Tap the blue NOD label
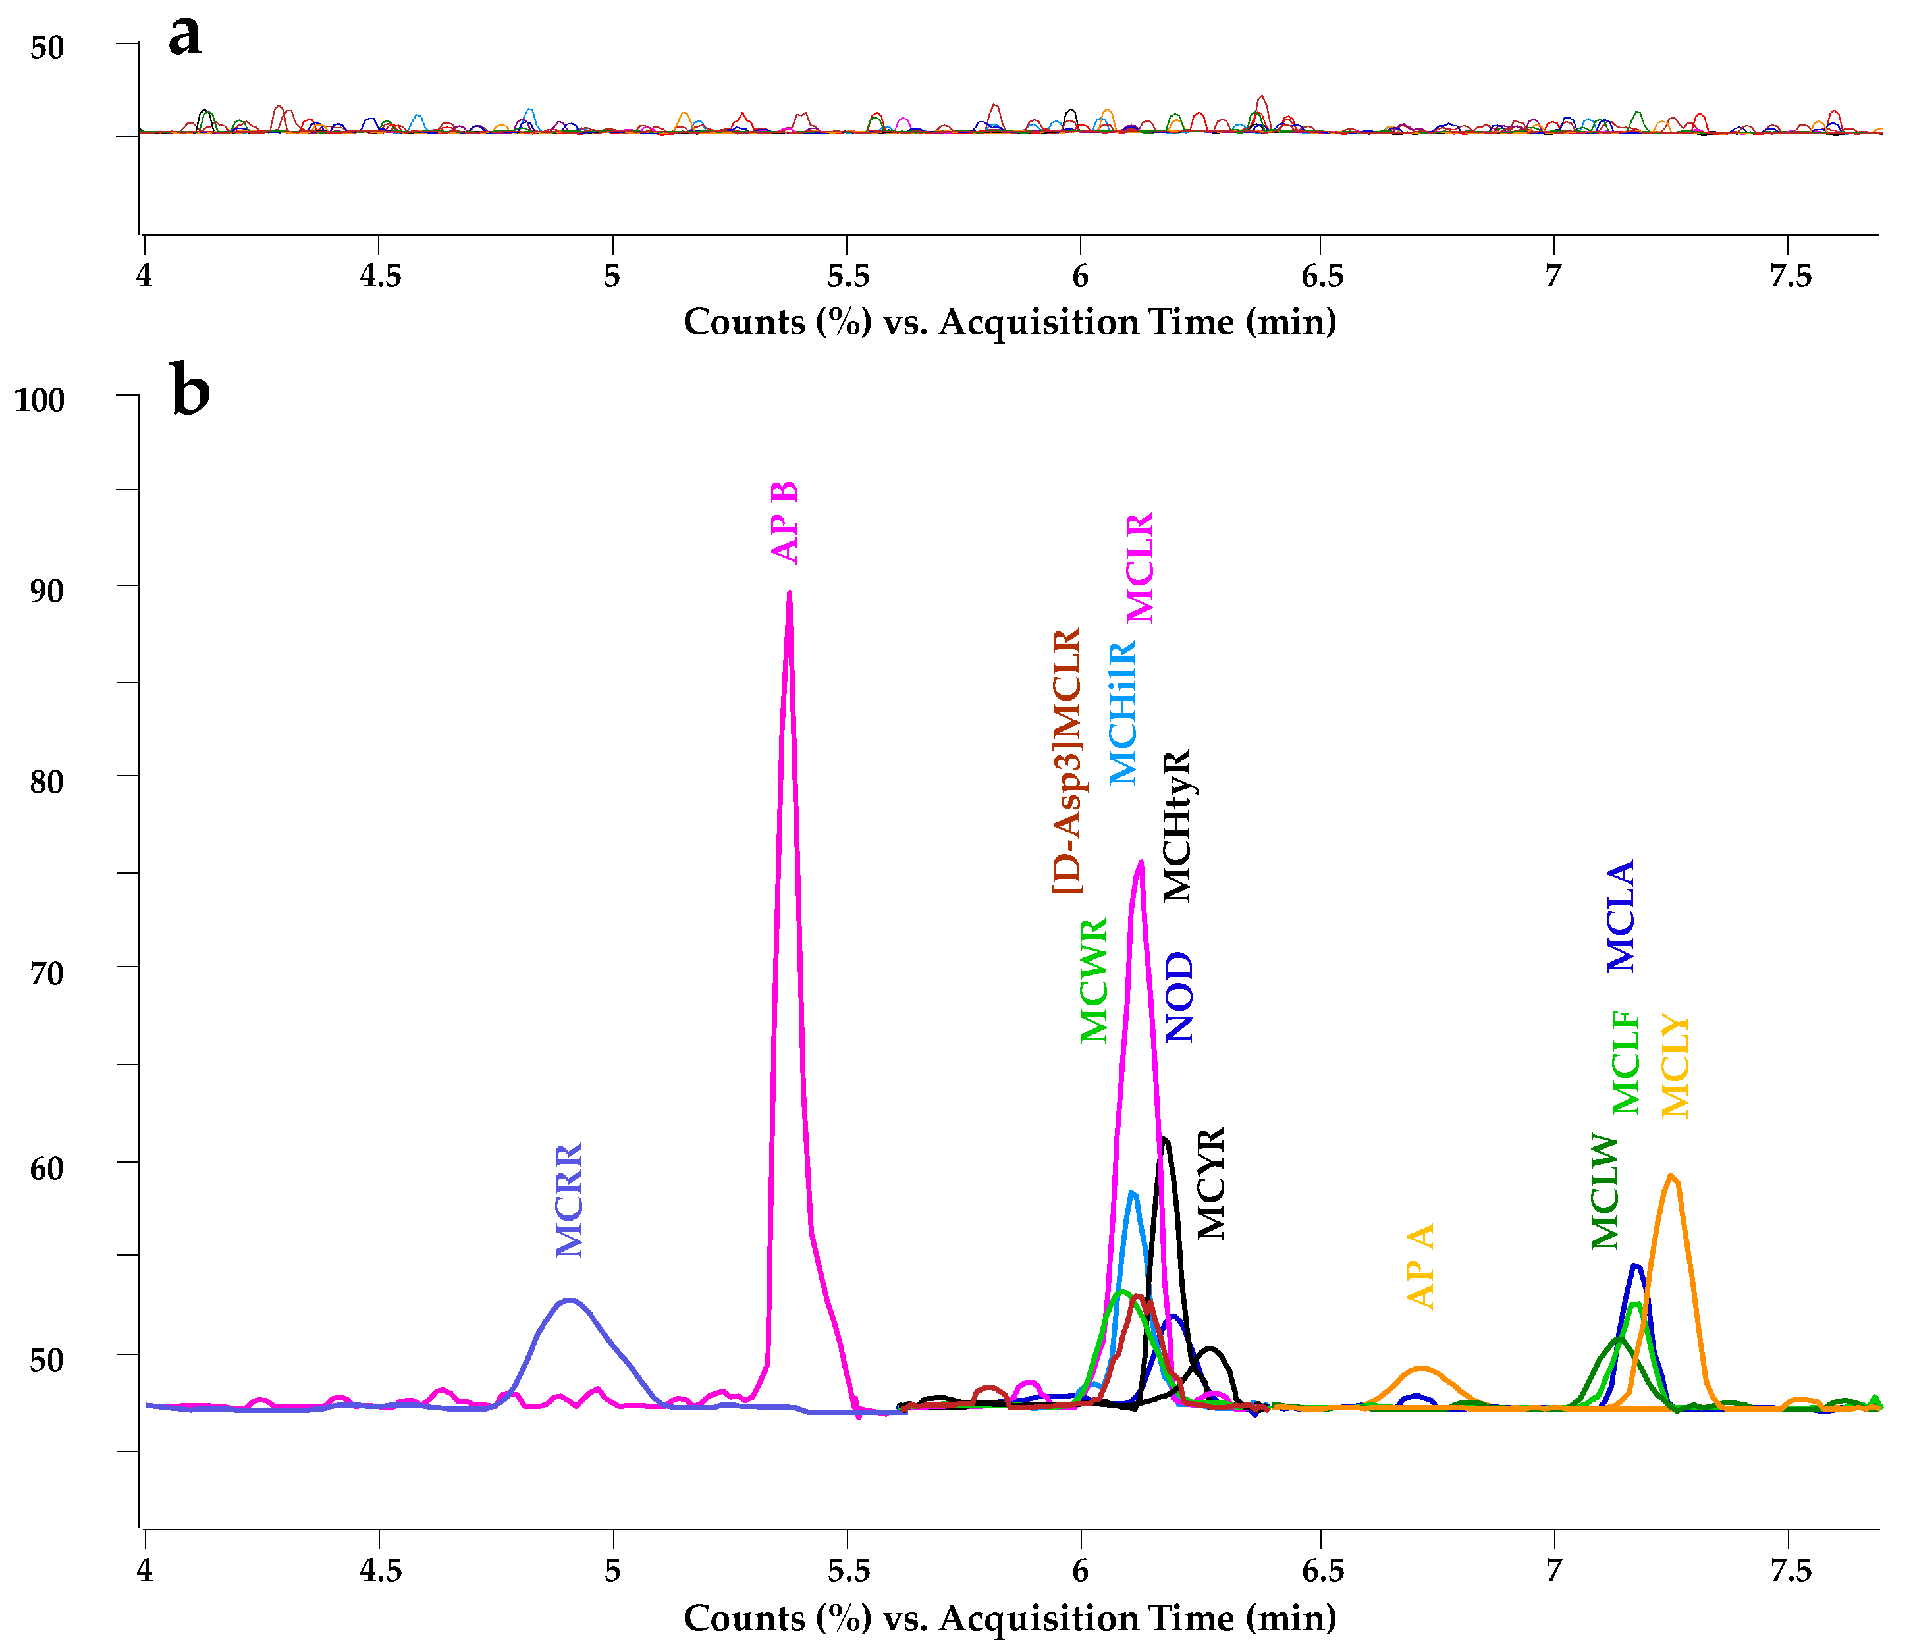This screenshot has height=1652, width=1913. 1180,998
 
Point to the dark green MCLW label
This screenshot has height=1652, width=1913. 1605,1192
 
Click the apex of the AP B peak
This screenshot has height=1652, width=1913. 790,593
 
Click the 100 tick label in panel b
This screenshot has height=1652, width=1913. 39,400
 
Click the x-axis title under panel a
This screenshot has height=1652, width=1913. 1009,322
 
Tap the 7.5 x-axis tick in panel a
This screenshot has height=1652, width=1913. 1791,276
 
